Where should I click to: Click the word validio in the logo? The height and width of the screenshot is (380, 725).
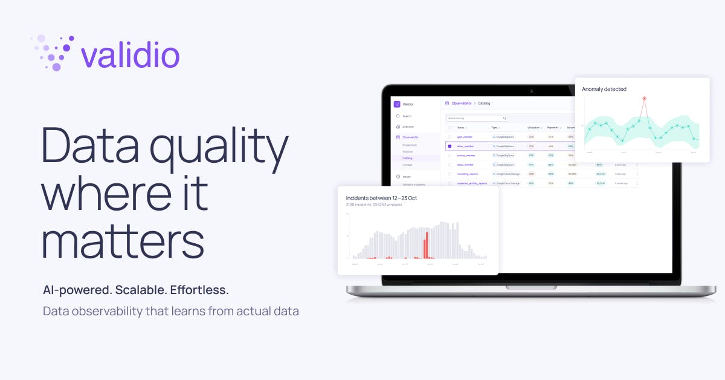click(130, 56)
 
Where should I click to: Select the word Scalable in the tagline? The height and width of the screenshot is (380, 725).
click(140, 290)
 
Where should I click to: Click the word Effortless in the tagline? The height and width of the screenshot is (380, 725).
click(199, 290)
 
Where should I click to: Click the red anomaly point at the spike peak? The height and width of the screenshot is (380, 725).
click(645, 98)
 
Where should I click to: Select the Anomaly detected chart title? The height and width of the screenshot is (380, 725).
click(604, 89)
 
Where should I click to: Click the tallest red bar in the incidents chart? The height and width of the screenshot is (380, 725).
click(427, 244)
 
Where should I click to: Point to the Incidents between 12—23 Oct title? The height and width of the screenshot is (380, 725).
click(381, 198)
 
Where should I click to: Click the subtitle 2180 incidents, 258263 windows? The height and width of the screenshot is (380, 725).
click(373, 205)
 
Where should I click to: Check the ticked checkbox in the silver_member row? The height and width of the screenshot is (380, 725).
click(449, 146)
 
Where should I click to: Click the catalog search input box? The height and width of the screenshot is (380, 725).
click(477, 118)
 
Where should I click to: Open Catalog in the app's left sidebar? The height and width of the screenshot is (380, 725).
click(408, 158)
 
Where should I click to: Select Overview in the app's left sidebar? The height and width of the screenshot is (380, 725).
click(408, 126)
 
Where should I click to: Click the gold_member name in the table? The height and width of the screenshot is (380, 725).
click(465, 137)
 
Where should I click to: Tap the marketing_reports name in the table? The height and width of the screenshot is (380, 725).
click(468, 174)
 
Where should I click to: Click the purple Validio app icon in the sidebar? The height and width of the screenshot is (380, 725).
click(397, 104)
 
